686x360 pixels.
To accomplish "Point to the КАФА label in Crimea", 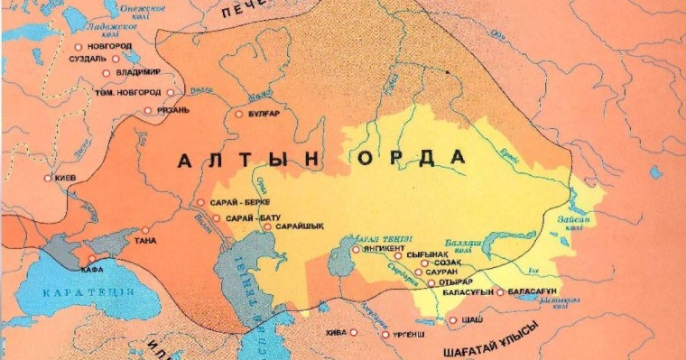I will coord(94,269).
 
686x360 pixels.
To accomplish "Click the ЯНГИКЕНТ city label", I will coord(386,249).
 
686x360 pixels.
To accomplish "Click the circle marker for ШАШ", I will coord(452,320).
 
